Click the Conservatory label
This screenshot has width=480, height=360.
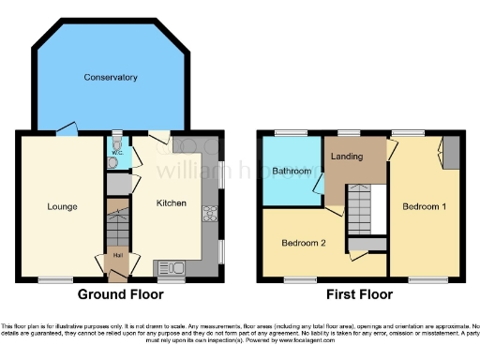110,77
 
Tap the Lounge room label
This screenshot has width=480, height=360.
62,206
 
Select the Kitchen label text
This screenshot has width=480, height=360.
171,202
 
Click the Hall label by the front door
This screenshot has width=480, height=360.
118,254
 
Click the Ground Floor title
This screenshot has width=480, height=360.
120,294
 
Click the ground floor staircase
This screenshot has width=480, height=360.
117,225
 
